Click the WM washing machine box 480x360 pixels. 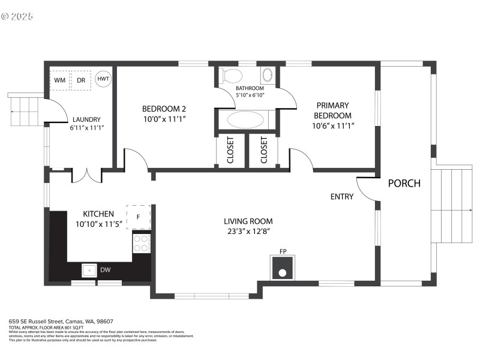coord(60,80)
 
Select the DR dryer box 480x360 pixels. coord(80,80)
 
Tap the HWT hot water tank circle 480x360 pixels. coord(103,79)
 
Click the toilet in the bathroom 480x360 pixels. coord(231,76)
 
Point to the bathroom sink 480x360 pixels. coord(267,76)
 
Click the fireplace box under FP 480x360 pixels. coord(281,268)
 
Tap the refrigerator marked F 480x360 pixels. coord(138,217)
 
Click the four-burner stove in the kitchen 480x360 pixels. coord(141,243)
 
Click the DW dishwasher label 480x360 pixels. coord(105,271)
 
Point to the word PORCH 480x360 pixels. coord(404,184)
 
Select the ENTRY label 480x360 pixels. coord(342,197)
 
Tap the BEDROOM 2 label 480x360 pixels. coord(164,109)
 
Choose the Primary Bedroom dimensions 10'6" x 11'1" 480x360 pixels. coord(333,126)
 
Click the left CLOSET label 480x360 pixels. coord(230,150)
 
